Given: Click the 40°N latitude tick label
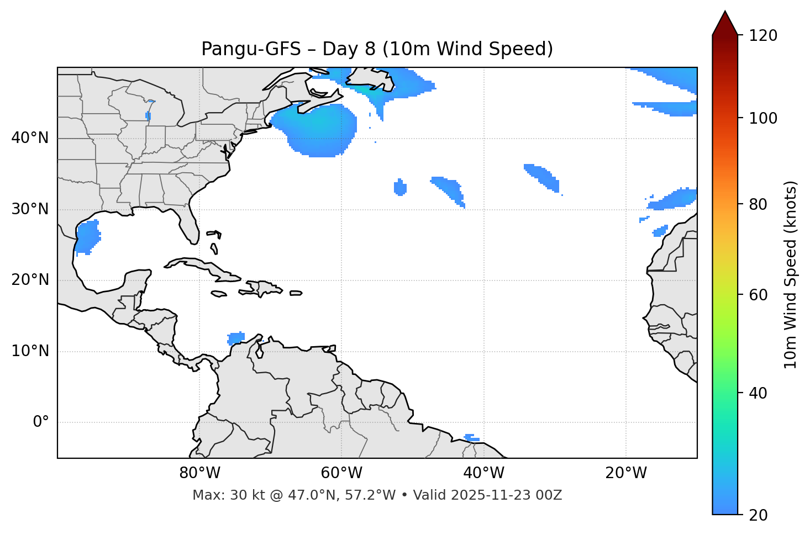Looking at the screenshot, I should (x=30, y=138).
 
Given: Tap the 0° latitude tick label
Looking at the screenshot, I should (x=41, y=422).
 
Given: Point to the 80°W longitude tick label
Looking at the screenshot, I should (x=199, y=473).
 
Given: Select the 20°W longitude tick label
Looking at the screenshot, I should (x=626, y=473).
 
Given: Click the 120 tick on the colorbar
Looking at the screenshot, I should (x=763, y=36).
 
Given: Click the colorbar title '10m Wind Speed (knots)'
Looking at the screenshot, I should (x=791, y=274).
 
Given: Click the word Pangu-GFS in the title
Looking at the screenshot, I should (x=251, y=49).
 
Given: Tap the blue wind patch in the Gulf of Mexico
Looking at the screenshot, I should (x=87, y=237).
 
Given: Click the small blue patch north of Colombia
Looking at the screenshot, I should (x=236, y=338).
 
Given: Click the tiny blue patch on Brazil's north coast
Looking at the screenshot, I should (x=471, y=438).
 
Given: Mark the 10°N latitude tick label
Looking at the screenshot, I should (x=30, y=351).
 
